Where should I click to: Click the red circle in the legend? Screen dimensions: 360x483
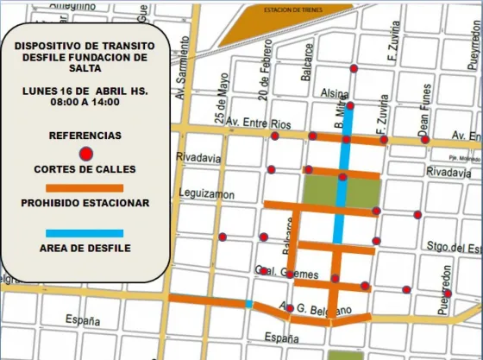pos(85,155)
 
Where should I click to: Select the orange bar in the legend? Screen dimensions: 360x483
pos(85,188)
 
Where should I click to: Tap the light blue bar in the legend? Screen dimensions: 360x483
pos(85,233)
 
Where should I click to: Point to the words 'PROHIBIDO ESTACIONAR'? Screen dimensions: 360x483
pos(85,204)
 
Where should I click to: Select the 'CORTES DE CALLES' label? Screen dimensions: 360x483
pos(85,170)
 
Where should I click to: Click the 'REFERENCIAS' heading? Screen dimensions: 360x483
pos(85,136)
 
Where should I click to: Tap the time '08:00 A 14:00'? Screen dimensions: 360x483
pos(85,102)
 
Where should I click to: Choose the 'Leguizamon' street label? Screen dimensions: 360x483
pos(206,194)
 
